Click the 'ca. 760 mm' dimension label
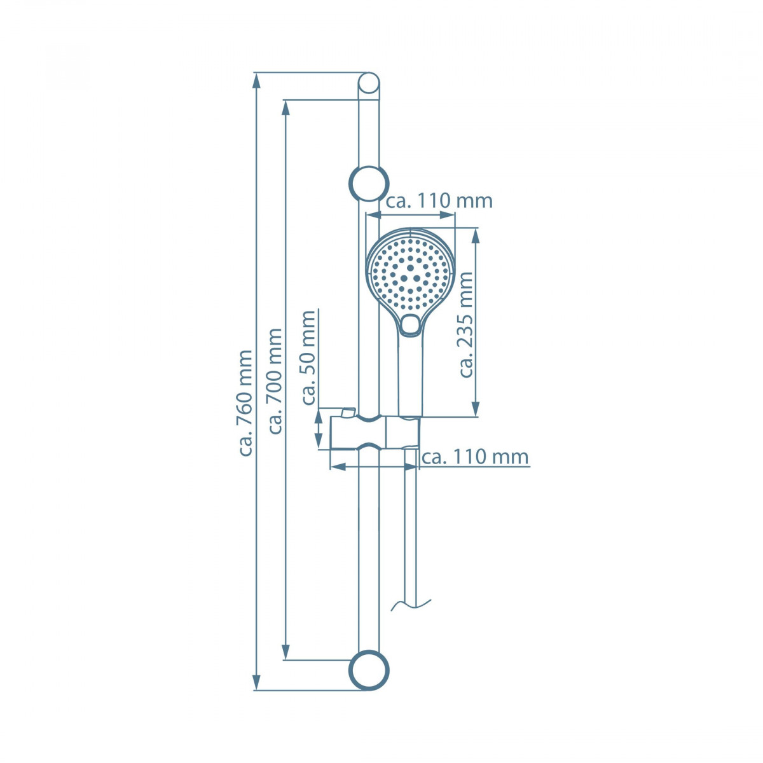pos(245,402)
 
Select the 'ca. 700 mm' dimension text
pos(275,381)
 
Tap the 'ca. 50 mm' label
pos(308,357)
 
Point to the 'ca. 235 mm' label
pos(467,324)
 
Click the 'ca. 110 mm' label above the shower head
pos(439,201)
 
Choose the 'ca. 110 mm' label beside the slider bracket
pos(475,457)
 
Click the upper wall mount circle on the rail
pos(369,184)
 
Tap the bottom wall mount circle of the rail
pos(369,670)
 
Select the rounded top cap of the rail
pos(369,83)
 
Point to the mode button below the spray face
pos(411,325)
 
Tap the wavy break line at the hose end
pos(411,604)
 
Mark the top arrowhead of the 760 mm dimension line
pos(257,79)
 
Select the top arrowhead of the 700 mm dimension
pos(286,107)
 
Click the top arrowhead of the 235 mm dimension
pos(476,235)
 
